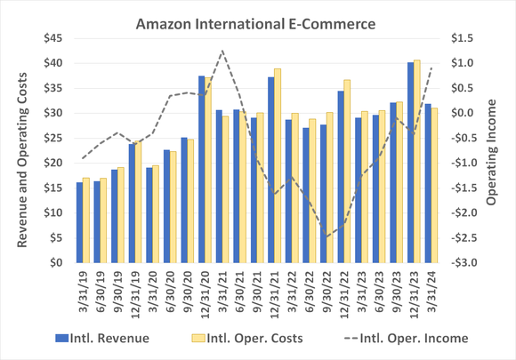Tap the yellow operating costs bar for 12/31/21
click(x=277, y=165)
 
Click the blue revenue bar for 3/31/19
click(x=79, y=222)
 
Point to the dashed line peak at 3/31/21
click(x=222, y=51)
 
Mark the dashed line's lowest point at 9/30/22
click(x=327, y=237)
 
